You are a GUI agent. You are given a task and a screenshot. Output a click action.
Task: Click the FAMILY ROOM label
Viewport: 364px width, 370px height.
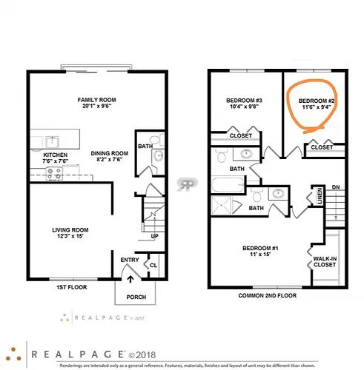pyautogui.click(x=96, y=100)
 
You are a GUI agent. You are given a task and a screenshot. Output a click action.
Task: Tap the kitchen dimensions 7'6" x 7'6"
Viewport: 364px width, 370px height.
pyautogui.click(x=56, y=161)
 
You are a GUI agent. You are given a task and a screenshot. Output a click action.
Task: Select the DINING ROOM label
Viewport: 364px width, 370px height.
pyautogui.click(x=110, y=153)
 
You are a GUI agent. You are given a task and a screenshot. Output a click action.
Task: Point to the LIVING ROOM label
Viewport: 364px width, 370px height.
pyautogui.click(x=70, y=230)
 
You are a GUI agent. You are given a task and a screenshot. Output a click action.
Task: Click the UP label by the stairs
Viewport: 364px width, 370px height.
pyautogui.click(x=155, y=236)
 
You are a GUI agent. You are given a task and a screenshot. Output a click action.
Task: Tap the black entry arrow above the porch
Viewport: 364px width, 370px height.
pyautogui.click(x=130, y=279)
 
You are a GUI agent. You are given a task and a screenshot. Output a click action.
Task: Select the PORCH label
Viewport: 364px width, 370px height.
pyautogui.click(x=136, y=297)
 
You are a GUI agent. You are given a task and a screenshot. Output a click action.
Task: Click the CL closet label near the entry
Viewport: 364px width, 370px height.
pyautogui.click(x=153, y=266)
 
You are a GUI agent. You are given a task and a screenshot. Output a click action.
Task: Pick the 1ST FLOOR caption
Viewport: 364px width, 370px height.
pyautogui.click(x=72, y=287)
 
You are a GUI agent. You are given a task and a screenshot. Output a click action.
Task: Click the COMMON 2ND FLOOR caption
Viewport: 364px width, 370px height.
pyautogui.click(x=268, y=295)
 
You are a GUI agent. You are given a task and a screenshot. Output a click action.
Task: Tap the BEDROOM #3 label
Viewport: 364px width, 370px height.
pyautogui.click(x=244, y=101)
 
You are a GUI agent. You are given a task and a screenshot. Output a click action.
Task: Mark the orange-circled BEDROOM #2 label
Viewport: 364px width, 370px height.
pyautogui.click(x=317, y=101)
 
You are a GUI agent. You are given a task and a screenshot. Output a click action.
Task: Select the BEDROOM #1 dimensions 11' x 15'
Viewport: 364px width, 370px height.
pyautogui.click(x=260, y=255)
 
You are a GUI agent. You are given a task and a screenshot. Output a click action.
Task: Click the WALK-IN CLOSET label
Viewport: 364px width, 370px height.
pyautogui.click(x=325, y=262)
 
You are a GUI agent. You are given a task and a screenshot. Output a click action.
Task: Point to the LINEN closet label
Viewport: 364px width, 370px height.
pyautogui.click(x=320, y=196)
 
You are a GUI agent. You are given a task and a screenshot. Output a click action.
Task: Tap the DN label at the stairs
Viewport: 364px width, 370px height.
pyautogui.click(x=336, y=187)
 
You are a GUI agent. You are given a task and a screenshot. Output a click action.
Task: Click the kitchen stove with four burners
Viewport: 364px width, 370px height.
pyautogui.click(x=54, y=174)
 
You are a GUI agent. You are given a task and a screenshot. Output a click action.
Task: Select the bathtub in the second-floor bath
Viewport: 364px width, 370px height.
pyautogui.click(x=228, y=184)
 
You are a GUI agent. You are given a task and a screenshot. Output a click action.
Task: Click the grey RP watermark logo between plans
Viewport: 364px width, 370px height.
pyautogui.click(x=187, y=184)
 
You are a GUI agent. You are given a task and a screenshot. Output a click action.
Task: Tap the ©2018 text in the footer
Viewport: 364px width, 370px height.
pyautogui.click(x=142, y=355)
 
